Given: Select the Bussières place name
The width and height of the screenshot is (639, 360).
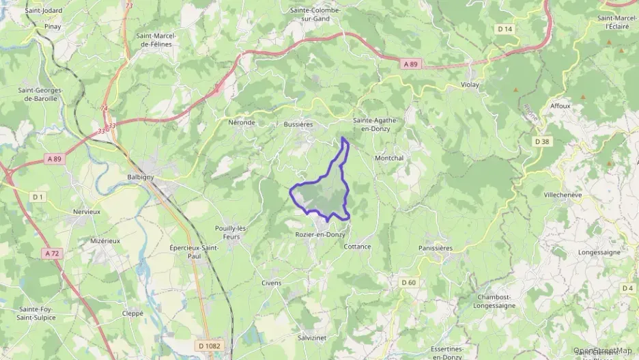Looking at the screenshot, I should pyautogui.click(x=298, y=125).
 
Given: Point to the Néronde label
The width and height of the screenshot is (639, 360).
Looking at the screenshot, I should pyautogui.click(x=241, y=123).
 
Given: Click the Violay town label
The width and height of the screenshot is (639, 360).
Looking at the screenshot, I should pyautogui.click(x=470, y=85).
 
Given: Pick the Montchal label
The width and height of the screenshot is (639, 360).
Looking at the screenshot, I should pyautogui.click(x=389, y=158).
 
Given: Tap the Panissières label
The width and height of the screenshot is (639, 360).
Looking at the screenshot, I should pyautogui.click(x=436, y=248).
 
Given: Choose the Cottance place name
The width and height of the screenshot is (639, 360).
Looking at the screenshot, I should pyautogui.click(x=357, y=246).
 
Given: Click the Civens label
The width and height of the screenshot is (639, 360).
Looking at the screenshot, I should pyautogui.click(x=271, y=282).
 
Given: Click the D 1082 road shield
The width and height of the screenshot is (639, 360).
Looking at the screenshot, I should pyautogui.click(x=210, y=346).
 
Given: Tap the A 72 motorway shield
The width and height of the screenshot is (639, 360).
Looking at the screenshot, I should pyautogui.click(x=52, y=253).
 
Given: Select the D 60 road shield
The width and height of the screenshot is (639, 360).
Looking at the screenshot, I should pyautogui.click(x=408, y=282).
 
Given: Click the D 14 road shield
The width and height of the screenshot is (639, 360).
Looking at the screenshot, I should pyautogui.click(x=505, y=29).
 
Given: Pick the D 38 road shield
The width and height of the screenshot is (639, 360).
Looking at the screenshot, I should pyautogui.click(x=542, y=141).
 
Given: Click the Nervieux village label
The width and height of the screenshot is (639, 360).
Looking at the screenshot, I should pyautogui.click(x=87, y=212).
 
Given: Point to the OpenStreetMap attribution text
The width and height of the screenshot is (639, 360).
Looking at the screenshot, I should pyautogui.click(x=602, y=350).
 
